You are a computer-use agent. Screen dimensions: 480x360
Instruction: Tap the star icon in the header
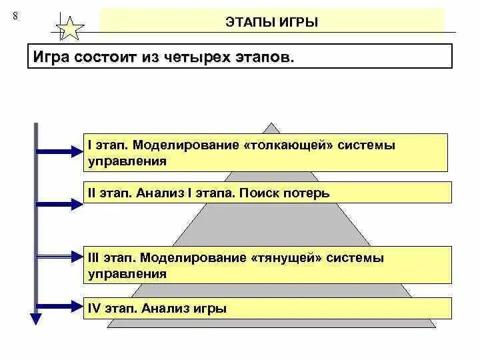71,28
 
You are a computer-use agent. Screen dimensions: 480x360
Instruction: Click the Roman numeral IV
93,308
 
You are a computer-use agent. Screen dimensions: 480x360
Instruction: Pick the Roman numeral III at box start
94,257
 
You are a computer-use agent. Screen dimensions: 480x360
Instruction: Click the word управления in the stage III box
127,273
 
